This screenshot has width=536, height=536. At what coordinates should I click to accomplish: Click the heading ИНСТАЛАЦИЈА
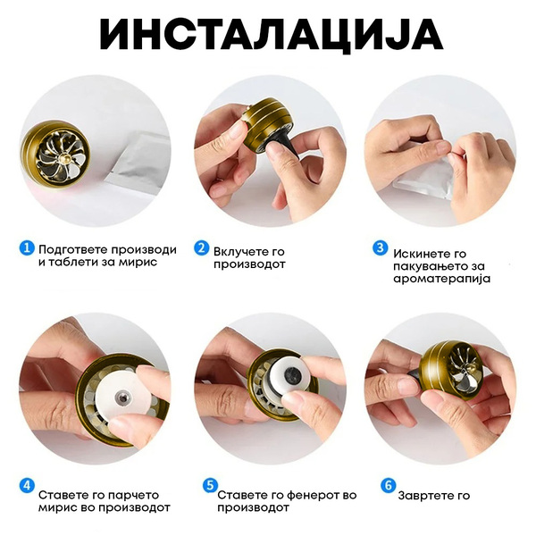pos(271,35)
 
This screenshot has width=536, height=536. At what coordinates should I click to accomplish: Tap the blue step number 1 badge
pos(27,247)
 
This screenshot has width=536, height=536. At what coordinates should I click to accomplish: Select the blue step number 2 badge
pos(201,247)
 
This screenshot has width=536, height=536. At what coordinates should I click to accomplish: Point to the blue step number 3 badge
pos(380,247)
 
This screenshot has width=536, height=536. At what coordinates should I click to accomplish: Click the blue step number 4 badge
pos(27,486)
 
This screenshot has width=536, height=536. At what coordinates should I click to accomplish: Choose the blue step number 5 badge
pos(210,486)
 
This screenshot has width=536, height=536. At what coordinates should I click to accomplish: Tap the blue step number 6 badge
pos(388,486)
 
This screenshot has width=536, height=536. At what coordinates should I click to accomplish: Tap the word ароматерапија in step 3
pos(441,279)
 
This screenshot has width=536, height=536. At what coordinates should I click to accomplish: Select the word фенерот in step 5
pos(311,495)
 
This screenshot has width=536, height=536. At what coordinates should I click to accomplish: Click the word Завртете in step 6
pos(423,496)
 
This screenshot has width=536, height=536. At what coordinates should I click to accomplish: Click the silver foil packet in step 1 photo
pos(138,158)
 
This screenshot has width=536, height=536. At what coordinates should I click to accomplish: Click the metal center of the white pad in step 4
pos(122,398)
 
